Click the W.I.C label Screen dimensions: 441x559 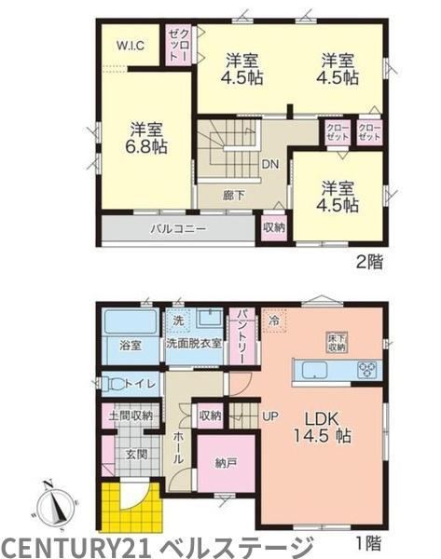(131, 46)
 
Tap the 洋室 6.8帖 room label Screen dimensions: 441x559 (146, 138)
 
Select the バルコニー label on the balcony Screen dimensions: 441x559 (178, 228)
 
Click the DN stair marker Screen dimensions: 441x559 (270, 164)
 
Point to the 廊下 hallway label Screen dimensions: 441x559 (234, 196)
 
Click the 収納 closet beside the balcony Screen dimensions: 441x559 (274, 228)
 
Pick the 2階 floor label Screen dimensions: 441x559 (369, 263)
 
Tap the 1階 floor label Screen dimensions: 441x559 (369, 543)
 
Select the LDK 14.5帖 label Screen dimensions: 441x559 (322, 428)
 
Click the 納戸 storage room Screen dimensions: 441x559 (227, 463)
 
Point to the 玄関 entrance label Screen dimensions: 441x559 (136, 455)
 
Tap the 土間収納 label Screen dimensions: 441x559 (131, 416)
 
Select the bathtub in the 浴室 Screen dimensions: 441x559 (130, 322)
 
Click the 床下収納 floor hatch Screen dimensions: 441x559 (337, 343)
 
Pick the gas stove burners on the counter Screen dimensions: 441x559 (367, 370)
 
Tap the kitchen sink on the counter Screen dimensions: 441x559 (315, 370)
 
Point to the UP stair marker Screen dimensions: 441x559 (270, 416)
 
